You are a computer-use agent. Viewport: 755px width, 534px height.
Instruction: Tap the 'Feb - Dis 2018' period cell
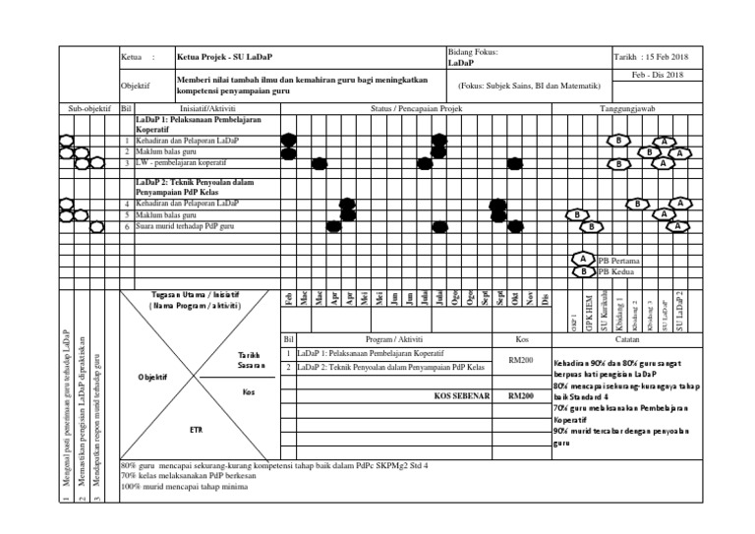coord(656,76)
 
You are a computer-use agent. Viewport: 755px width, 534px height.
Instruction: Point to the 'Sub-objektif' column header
coord(88,108)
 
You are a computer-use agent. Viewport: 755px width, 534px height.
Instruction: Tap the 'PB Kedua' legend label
coord(617,272)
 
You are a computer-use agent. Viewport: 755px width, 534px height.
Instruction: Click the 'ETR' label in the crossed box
coord(195,430)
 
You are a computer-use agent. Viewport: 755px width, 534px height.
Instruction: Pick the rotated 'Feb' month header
coord(288,298)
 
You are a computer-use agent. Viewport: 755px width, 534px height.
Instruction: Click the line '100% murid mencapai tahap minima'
coord(182,486)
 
